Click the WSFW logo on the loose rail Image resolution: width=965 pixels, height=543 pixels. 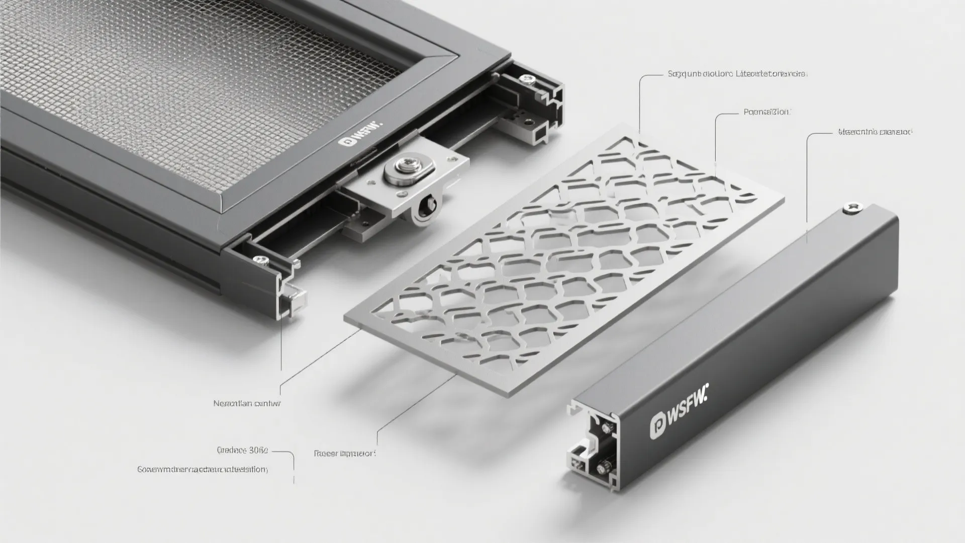tap(679, 413)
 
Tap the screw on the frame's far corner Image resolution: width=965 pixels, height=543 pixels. tap(527, 78)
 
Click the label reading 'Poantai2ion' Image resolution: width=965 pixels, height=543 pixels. tap(766, 113)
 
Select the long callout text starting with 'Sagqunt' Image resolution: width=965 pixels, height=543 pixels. tap(737, 74)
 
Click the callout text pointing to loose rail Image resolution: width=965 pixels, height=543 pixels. tap(875, 132)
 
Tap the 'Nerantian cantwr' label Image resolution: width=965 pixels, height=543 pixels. tap(247, 403)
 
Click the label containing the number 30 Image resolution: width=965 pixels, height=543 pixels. tap(242, 450)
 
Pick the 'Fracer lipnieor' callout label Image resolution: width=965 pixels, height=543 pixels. tap(345, 454)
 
